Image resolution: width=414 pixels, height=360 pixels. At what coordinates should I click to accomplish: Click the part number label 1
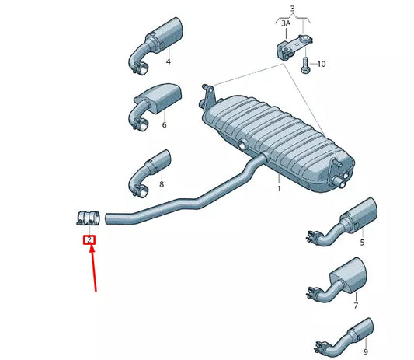coord(279,189)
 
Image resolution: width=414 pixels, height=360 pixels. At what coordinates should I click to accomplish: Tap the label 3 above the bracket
coord(292,9)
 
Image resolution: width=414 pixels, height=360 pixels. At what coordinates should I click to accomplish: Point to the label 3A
coord(285,24)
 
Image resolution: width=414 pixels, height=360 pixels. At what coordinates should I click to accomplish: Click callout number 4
coord(167,61)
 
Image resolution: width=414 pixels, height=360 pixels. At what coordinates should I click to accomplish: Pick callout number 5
coord(361,243)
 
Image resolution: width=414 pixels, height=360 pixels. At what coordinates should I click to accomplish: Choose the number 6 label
coord(164,124)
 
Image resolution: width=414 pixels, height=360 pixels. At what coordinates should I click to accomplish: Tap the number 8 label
coord(162,184)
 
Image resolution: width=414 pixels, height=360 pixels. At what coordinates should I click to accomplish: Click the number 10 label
coord(322,64)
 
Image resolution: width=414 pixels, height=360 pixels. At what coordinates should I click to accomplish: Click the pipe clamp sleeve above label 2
coord(89,218)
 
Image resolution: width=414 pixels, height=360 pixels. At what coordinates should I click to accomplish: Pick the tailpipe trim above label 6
coord(158,97)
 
